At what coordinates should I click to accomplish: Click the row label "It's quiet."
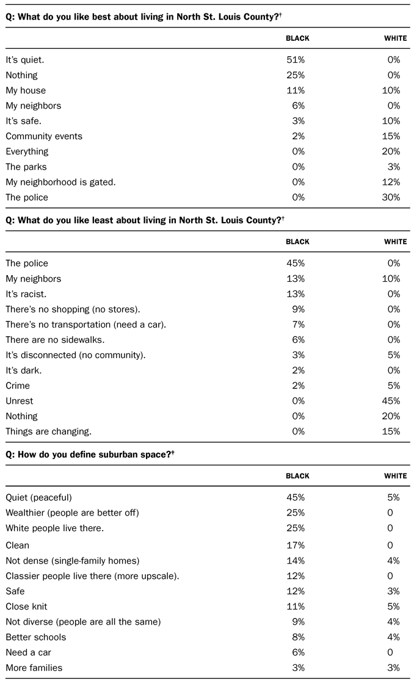pyautogui.click(x=25, y=60)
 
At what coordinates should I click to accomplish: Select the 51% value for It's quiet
pyautogui.click(x=296, y=60)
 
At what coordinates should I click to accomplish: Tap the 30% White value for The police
pyautogui.click(x=391, y=198)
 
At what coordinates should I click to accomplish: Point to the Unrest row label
pyautogui.click(x=20, y=401)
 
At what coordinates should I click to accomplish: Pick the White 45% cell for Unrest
pyautogui.click(x=391, y=401)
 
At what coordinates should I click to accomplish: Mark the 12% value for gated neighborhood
pyautogui.click(x=391, y=182)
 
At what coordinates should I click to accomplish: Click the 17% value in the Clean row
pyautogui.click(x=296, y=545)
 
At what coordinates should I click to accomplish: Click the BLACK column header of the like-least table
pyautogui.click(x=297, y=242)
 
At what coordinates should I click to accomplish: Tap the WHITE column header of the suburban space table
pyautogui.click(x=395, y=476)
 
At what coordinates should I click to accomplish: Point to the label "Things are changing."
pyautogui.click(x=49, y=431)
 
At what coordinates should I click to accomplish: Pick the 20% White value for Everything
pyautogui.click(x=391, y=152)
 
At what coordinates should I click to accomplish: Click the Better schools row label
pyautogui.click(x=36, y=637)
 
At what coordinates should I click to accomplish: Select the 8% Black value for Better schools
pyautogui.click(x=297, y=637)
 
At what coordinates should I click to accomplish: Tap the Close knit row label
pyautogui.click(x=26, y=607)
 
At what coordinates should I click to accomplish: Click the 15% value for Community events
pyautogui.click(x=391, y=137)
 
